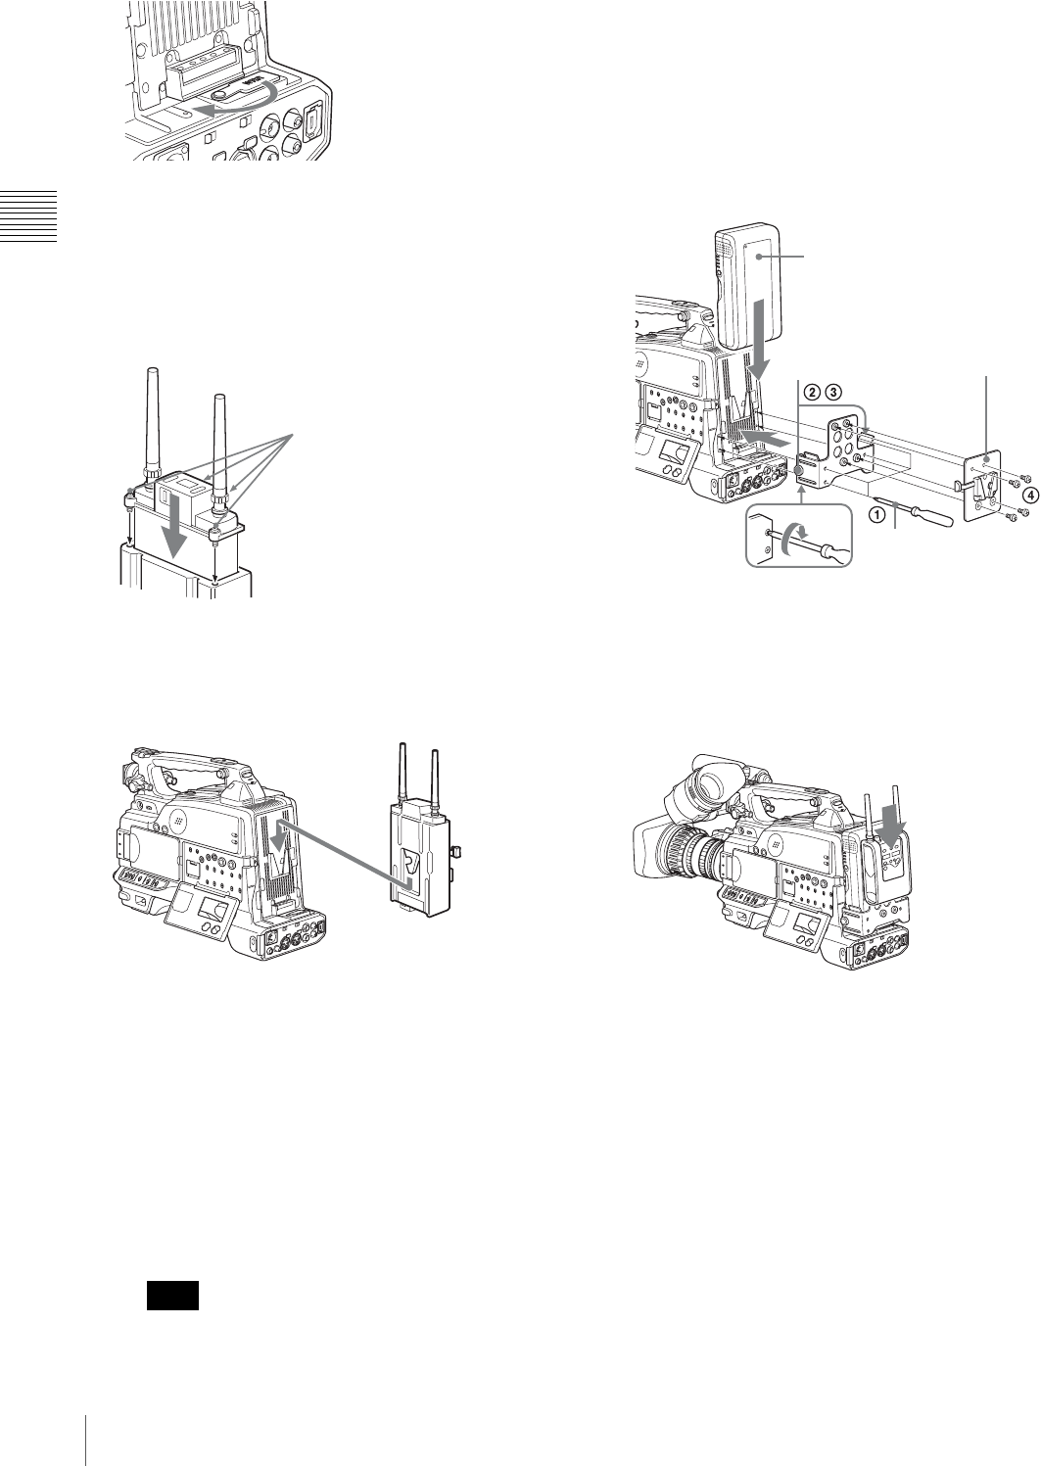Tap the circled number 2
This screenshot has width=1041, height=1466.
coord(812,393)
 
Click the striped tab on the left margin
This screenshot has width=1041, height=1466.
coord(28,216)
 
